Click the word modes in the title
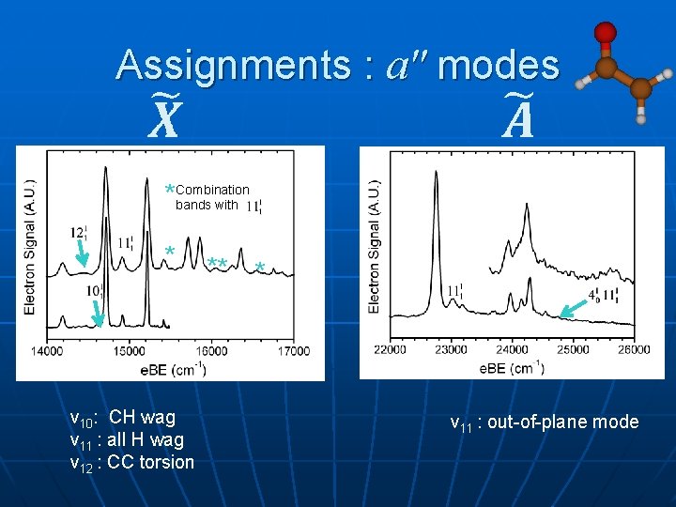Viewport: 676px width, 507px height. [499, 66]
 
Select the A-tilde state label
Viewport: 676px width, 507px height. [515, 119]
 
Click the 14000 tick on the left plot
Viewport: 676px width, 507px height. [46, 351]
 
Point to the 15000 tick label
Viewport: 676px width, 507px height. [129, 351]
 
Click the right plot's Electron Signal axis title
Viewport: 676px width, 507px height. [376, 246]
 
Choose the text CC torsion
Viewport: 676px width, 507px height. [150, 462]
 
